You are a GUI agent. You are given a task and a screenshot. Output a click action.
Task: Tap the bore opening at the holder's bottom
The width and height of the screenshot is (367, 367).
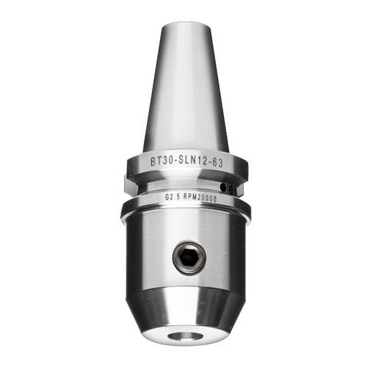point(183,336)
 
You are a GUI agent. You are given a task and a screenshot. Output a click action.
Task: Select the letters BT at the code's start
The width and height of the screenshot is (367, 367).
point(155,161)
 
